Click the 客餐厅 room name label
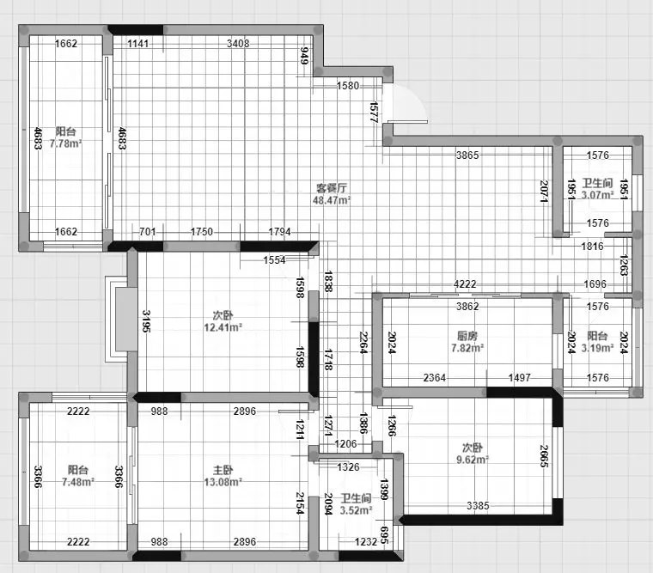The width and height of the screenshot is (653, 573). click(332, 188)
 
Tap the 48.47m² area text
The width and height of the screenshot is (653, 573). click(332, 200)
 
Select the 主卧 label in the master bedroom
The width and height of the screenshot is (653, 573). click(223, 471)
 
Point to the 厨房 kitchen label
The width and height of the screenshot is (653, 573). click(467, 336)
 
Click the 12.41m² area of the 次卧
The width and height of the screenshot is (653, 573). click(223, 327)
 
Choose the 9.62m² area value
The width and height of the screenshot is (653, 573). click(473, 460)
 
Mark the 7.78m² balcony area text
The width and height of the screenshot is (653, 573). click(66, 143)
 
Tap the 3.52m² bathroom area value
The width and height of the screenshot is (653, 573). click(356, 510)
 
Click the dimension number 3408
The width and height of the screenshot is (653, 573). click(238, 43)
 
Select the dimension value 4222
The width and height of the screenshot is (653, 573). click(465, 284)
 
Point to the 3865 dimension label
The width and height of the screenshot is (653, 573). click(467, 155)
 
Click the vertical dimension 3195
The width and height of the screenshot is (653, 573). click(146, 321)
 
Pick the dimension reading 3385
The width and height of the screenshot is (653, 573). click(478, 506)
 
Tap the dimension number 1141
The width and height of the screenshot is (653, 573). click(137, 43)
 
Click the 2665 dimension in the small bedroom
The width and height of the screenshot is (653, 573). click(544, 456)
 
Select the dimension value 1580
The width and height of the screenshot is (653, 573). click(348, 86)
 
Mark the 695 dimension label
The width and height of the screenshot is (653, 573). click(385, 535)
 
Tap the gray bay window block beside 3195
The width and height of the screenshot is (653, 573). click(126, 319)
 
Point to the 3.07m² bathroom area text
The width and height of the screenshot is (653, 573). click(598, 195)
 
